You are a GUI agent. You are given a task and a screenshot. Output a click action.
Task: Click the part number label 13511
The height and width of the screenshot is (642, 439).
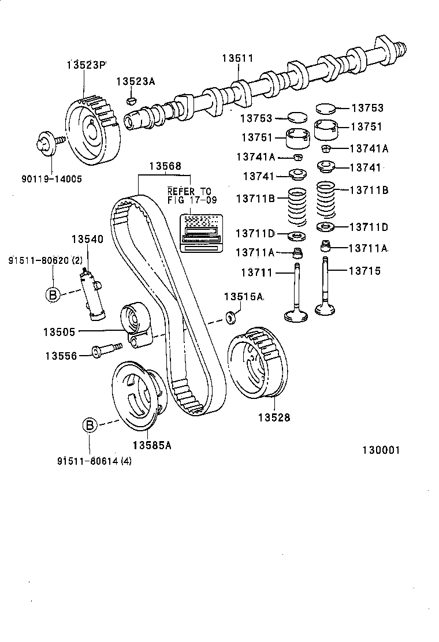coord(238,58)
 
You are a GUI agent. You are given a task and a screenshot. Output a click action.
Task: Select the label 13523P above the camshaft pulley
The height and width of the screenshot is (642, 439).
coord(87,64)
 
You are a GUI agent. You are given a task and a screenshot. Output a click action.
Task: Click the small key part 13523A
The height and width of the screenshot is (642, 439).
coord(131,101)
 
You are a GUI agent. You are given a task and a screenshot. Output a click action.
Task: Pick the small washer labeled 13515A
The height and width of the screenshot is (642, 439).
coord(231,316)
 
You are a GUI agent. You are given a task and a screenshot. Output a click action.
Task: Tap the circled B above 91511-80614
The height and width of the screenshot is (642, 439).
coord(90,425)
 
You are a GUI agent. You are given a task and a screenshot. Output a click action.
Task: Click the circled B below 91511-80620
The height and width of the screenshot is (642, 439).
coord(53,294)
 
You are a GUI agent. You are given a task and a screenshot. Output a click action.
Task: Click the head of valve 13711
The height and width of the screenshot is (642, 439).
coord(297,315)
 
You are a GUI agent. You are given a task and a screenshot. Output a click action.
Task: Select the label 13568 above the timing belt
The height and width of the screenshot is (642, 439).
coord(165,166)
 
